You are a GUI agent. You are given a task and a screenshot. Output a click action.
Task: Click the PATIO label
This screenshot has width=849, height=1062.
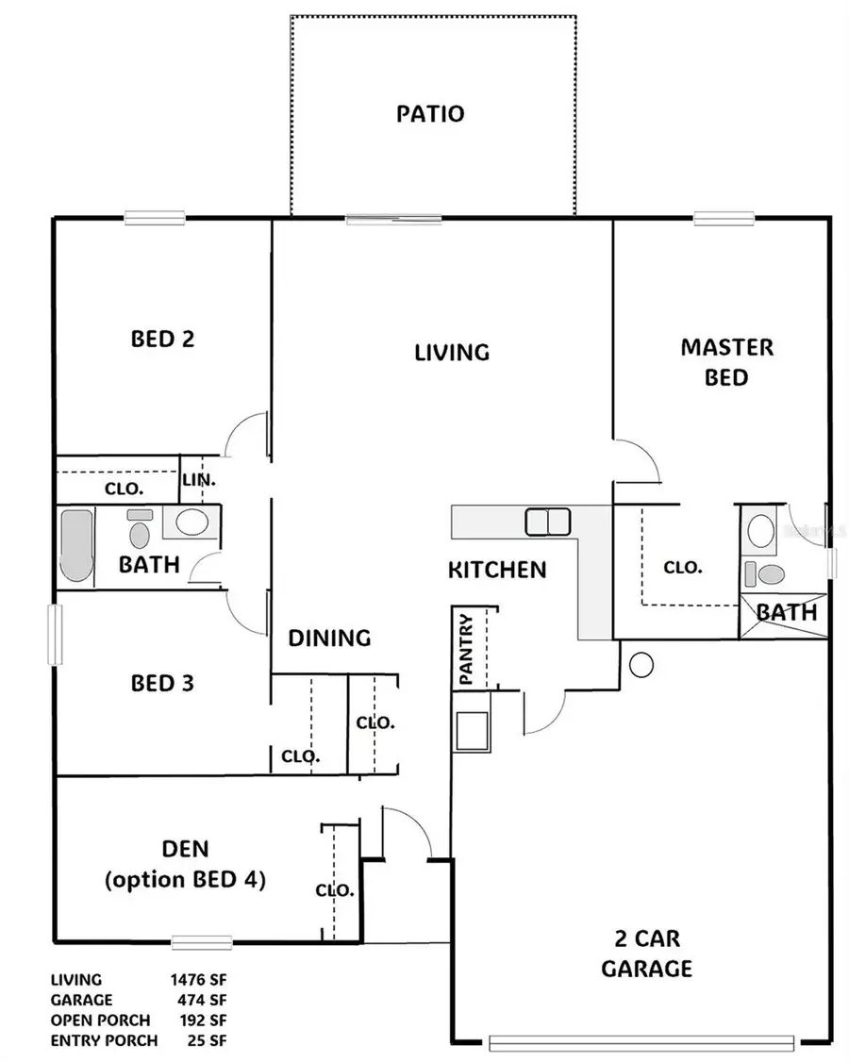coord(429,114)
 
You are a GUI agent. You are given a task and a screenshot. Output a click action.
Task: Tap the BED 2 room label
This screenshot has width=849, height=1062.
coord(162,339)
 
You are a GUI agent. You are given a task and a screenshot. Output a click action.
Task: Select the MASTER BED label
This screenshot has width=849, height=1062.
coord(726,362)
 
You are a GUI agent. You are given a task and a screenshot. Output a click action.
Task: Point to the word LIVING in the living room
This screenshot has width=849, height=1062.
coord(452,352)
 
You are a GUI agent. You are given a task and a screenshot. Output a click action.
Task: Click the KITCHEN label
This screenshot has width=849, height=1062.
coord(496,570)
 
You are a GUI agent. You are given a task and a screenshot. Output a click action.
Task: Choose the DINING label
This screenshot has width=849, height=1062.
coord(329,638)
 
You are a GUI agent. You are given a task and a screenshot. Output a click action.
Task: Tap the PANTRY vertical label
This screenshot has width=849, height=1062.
coord(464,648)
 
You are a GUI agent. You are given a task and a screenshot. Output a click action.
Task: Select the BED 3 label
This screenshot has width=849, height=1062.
coord(162,682)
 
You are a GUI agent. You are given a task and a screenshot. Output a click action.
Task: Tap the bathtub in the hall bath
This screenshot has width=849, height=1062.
coord(76,546)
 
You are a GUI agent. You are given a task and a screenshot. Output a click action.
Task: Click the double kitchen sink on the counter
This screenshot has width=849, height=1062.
coord(547,521)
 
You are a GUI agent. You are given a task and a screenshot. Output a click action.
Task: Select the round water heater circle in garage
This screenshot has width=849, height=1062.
coord(641,665)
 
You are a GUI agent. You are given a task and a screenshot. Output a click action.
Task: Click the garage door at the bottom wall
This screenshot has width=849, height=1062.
coord(655,1043)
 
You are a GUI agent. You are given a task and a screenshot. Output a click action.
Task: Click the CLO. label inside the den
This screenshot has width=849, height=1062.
coord(335,890)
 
